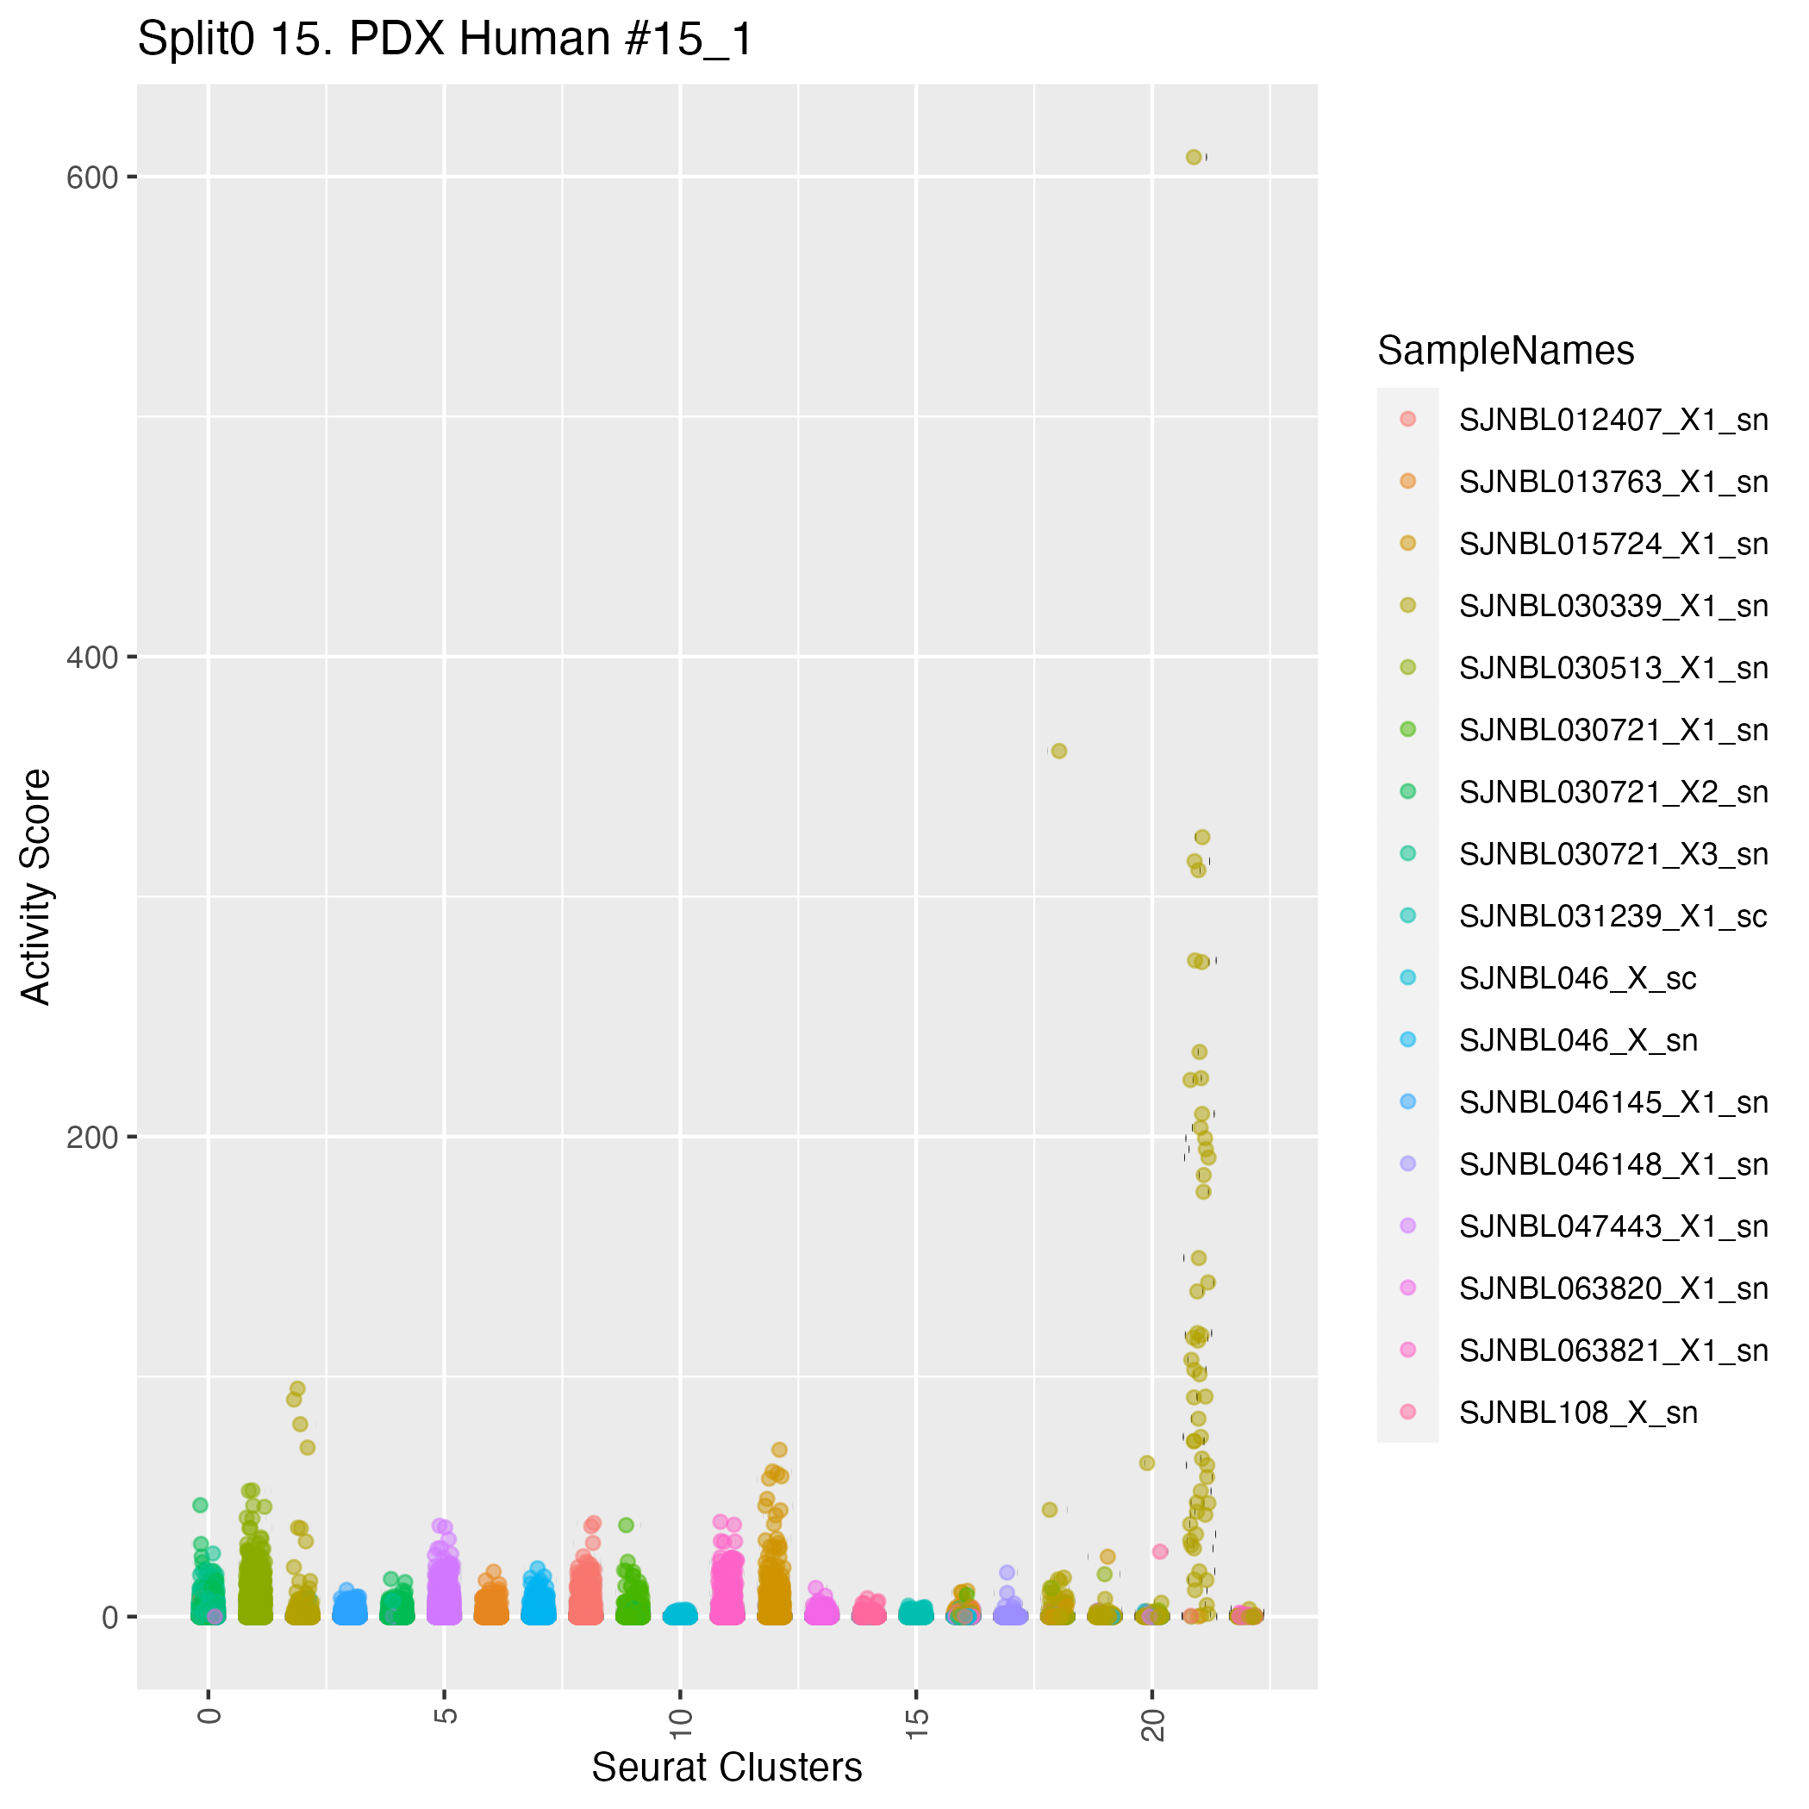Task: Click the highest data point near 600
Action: pyautogui.click(x=1193, y=158)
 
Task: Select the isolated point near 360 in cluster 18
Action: pyautogui.click(x=1059, y=751)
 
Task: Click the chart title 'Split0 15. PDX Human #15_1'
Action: pyautogui.click(x=445, y=41)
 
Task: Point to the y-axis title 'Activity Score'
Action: pyautogui.click(x=36, y=887)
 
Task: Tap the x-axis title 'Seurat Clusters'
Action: pyautogui.click(x=727, y=1767)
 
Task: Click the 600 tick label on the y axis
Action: pyautogui.click(x=91, y=178)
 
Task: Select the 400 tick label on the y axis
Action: pyautogui.click(x=91, y=658)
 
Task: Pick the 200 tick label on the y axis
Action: pyautogui.click(x=91, y=1138)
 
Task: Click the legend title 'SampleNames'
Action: pyautogui.click(x=1506, y=351)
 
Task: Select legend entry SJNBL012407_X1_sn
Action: pyautogui.click(x=1613, y=420)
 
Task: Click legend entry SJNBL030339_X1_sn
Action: pyautogui.click(x=1613, y=606)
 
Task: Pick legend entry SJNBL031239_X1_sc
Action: pyautogui.click(x=1613, y=916)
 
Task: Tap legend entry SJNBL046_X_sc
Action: pyautogui.click(x=1578, y=978)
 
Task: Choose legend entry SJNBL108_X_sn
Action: pyautogui.click(x=1578, y=1412)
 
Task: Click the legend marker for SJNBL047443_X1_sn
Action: pyautogui.click(x=1407, y=1226)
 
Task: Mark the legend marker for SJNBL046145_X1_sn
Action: pyautogui.click(x=1407, y=1101)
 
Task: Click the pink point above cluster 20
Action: pyautogui.click(x=1160, y=1551)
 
